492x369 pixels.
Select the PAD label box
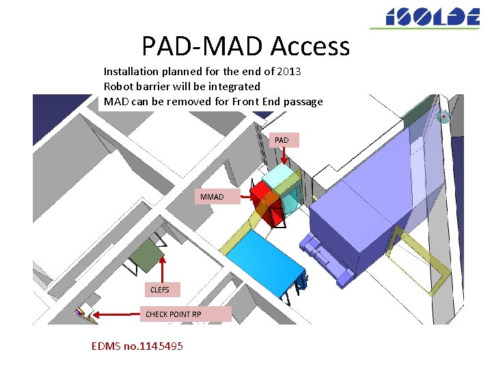click(x=282, y=140)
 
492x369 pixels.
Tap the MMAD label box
click(x=212, y=197)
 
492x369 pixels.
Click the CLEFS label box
click(x=161, y=290)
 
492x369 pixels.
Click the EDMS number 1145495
click(x=137, y=346)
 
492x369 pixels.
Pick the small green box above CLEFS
click(x=145, y=257)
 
